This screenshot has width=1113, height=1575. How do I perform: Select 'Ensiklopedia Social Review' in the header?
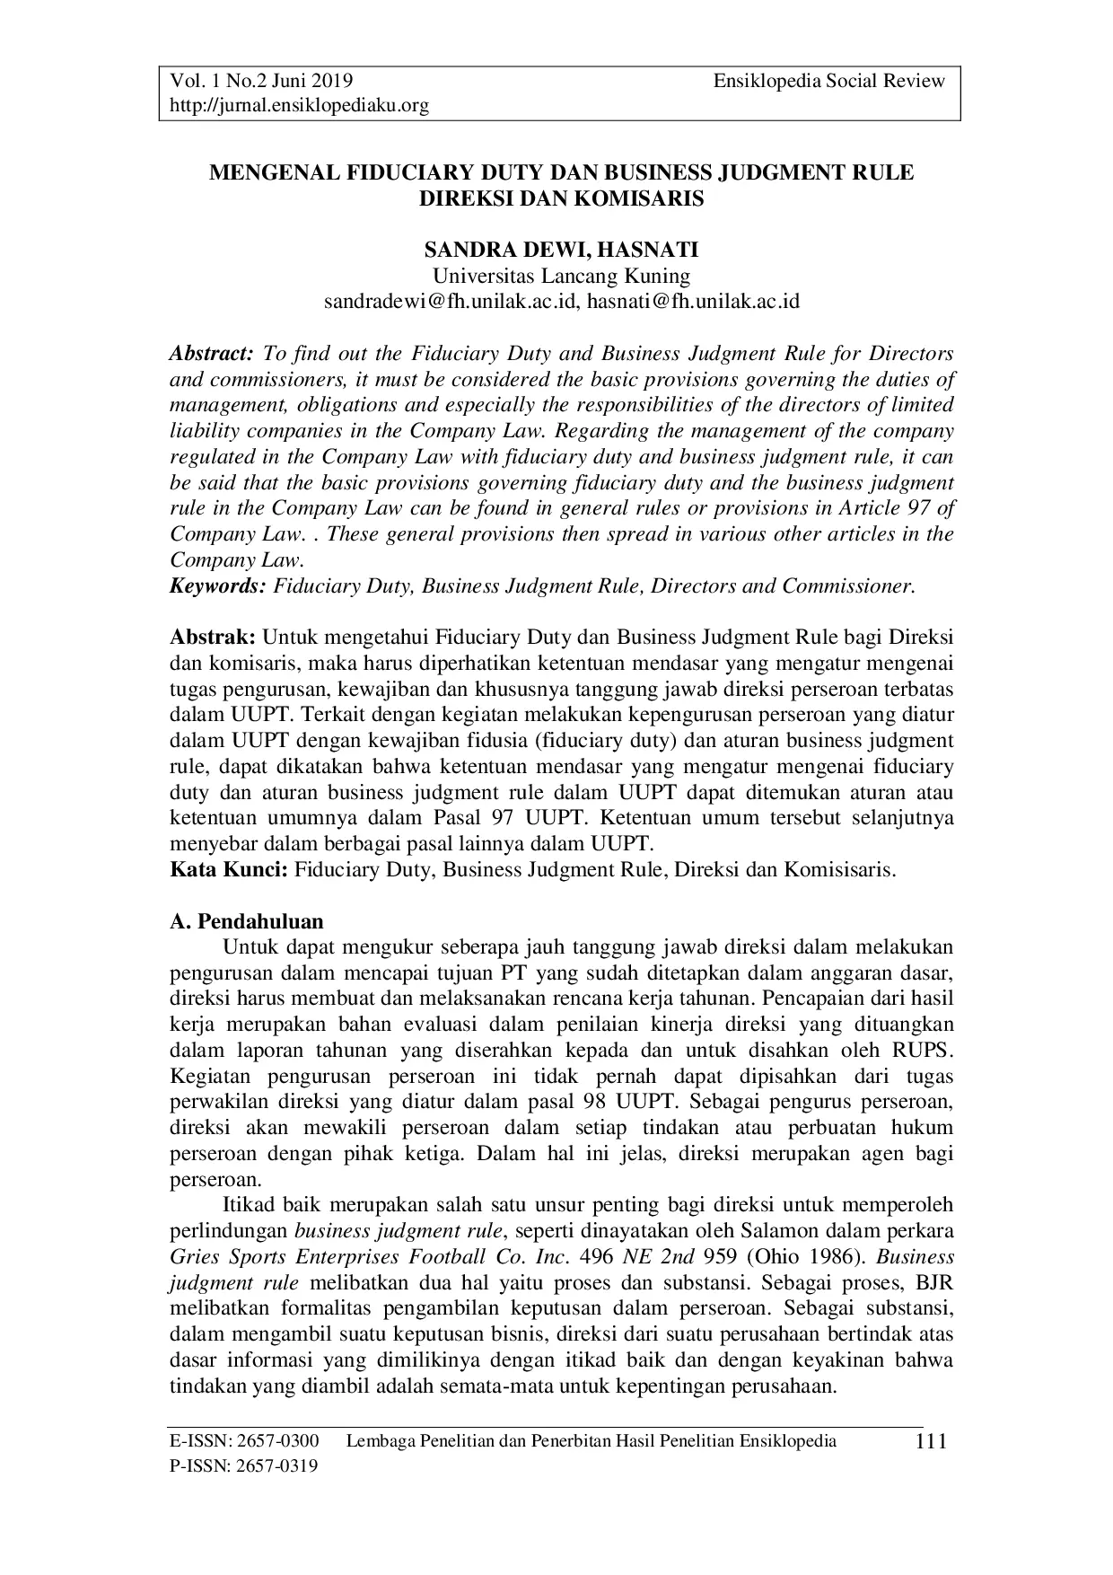click(x=829, y=82)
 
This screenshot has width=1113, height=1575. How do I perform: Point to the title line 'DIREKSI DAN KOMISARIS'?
click(x=561, y=198)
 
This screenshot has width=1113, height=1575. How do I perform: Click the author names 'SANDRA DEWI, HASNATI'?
click(x=561, y=250)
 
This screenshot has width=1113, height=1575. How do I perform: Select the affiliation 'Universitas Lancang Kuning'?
click(x=561, y=276)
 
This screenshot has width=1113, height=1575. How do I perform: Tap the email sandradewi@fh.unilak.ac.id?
click(x=448, y=302)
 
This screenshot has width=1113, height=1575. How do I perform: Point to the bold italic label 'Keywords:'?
click(x=218, y=587)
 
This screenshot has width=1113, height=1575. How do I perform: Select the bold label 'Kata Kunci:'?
click(x=229, y=870)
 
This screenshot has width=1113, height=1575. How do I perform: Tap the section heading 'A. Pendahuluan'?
click(x=247, y=922)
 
